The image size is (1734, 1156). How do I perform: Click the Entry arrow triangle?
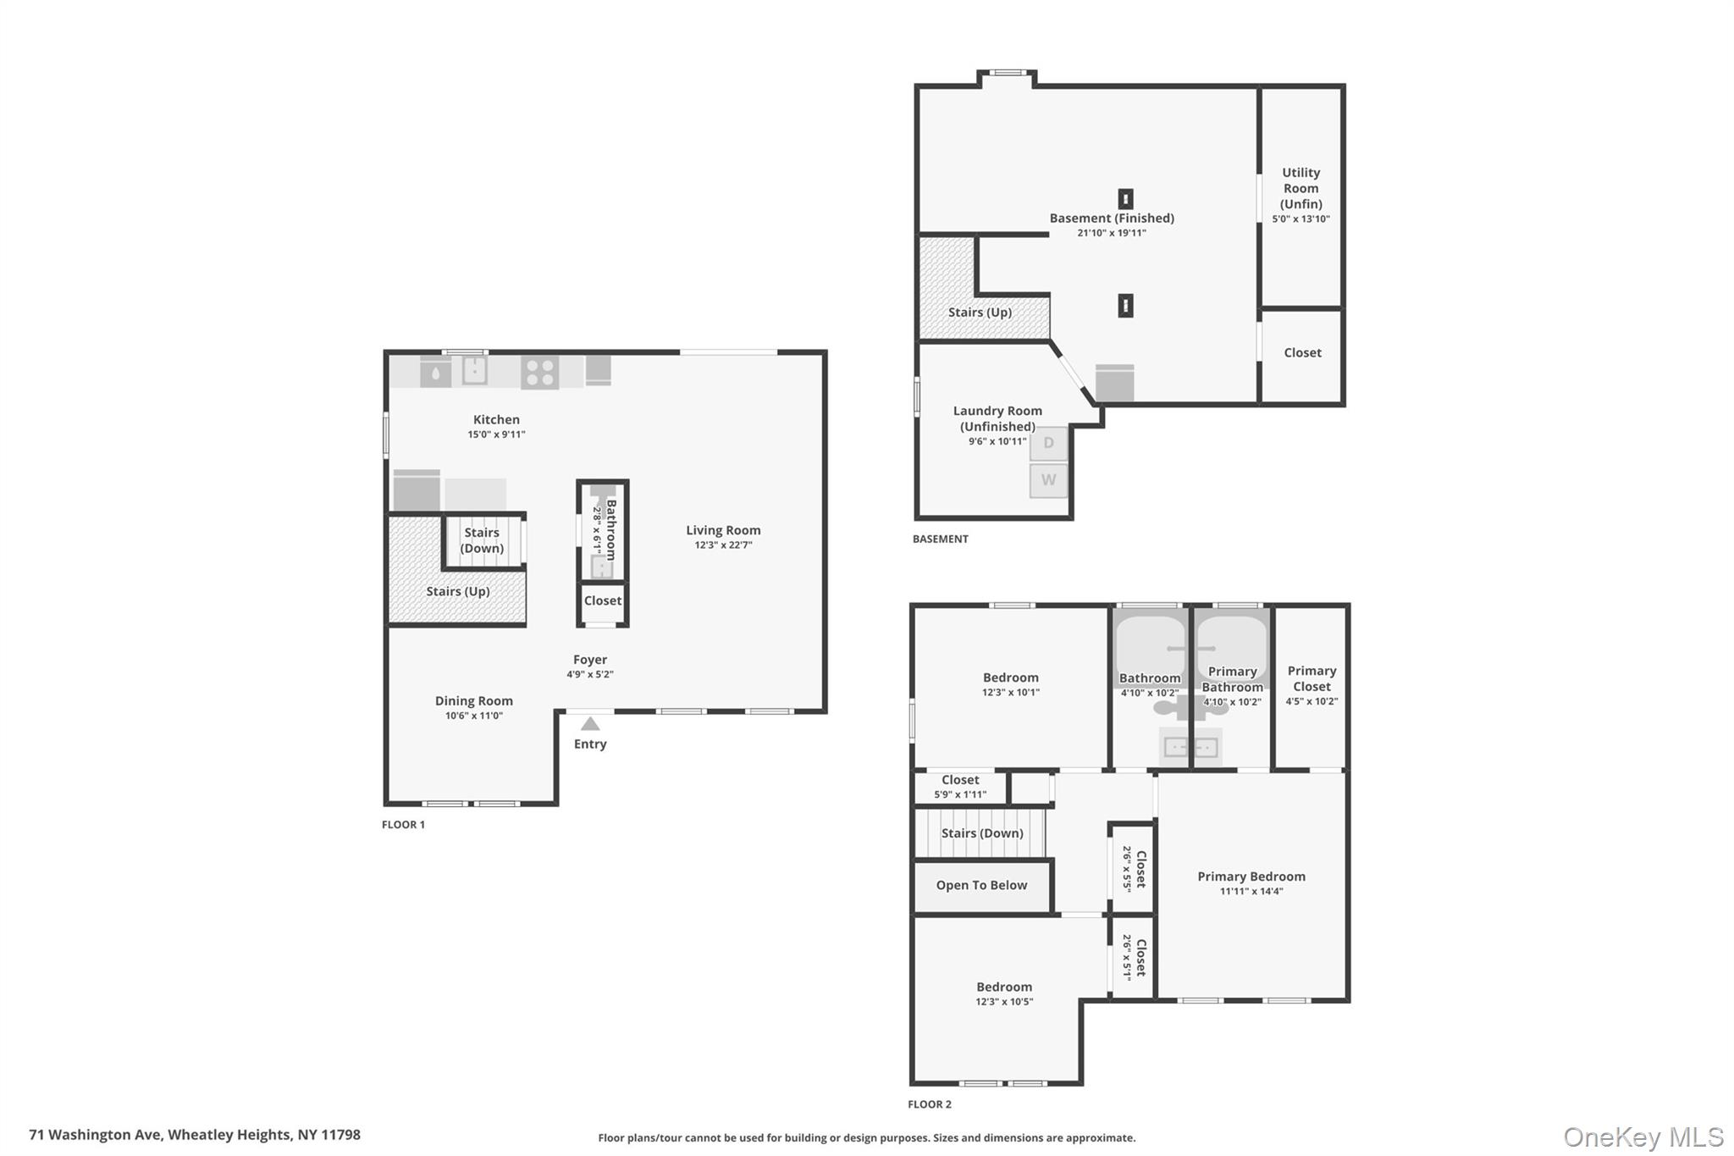point(590,724)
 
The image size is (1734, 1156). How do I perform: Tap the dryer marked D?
point(1048,444)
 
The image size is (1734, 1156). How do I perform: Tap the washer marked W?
point(1048,480)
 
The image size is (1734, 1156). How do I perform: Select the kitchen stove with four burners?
point(539,372)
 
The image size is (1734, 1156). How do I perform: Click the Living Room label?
point(723,530)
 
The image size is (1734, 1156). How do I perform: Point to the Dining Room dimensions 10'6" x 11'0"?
point(474,716)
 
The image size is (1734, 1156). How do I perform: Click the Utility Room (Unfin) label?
point(1300,188)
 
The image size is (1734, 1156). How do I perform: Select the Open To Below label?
point(981,885)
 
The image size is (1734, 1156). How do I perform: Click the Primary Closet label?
point(1312,678)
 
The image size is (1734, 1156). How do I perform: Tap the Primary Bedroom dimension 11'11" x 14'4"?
point(1251,891)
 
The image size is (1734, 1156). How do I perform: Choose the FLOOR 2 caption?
point(930,1104)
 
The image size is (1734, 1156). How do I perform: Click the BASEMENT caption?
point(940,539)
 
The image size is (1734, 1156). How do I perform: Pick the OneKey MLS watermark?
point(1643,1137)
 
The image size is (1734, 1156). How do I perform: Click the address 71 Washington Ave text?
point(195,1135)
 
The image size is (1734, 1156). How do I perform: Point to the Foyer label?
point(589,660)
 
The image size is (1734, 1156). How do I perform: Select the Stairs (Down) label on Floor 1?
point(482,540)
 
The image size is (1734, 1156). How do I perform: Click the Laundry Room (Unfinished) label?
point(997,418)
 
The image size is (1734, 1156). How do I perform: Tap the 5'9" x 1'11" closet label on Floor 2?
point(960,794)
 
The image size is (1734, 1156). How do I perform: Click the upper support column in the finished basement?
point(1125,199)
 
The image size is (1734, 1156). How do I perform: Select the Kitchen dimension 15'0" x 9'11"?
point(496,434)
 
